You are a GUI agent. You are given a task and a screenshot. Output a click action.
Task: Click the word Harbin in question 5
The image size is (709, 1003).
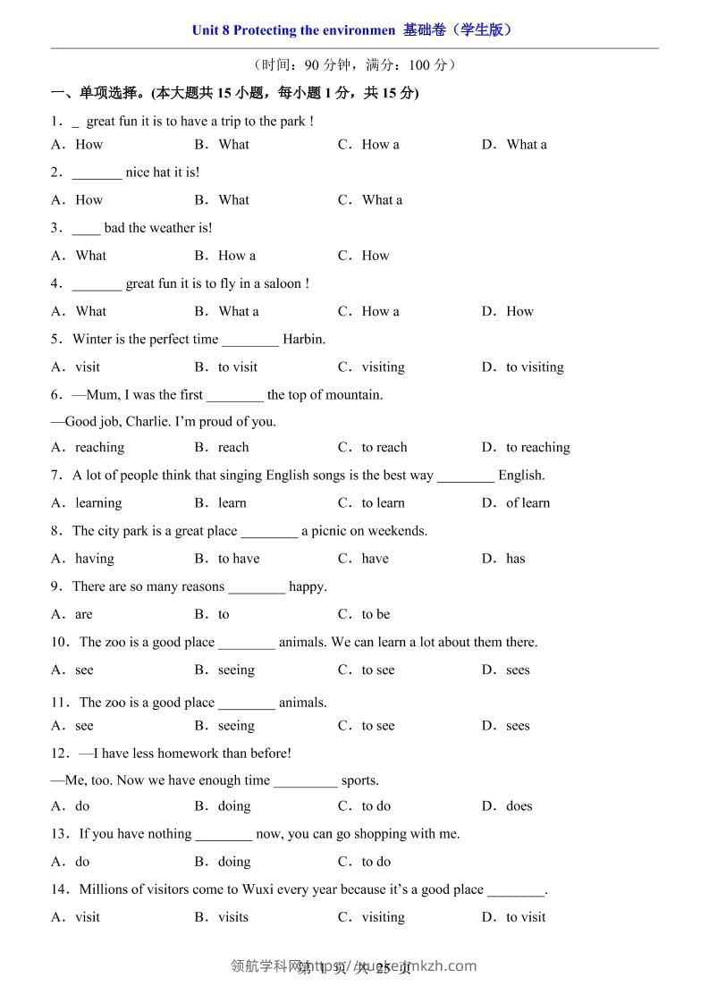[x=303, y=339]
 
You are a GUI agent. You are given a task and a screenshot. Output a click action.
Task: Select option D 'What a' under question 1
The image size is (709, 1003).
[x=526, y=144]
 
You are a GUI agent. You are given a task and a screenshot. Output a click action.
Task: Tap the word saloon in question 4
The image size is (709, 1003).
[x=283, y=283]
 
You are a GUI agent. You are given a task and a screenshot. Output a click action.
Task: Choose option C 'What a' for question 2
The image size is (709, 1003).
[x=382, y=199]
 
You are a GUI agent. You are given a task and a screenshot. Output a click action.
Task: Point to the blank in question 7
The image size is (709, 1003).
[x=465, y=476]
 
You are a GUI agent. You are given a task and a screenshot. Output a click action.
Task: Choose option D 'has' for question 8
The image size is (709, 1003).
[x=515, y=559]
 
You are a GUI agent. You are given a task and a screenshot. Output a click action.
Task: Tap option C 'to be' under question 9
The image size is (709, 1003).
[x=376, y=614]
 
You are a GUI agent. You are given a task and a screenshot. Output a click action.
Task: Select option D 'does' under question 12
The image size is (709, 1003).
[x=519, y=805]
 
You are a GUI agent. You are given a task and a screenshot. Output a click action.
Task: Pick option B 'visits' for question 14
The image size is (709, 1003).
[x=232, y=916]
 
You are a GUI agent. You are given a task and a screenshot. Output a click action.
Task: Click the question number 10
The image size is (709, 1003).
[x=59, y=642]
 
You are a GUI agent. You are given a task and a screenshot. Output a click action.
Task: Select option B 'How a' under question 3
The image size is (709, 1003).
[x=236, y=256]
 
